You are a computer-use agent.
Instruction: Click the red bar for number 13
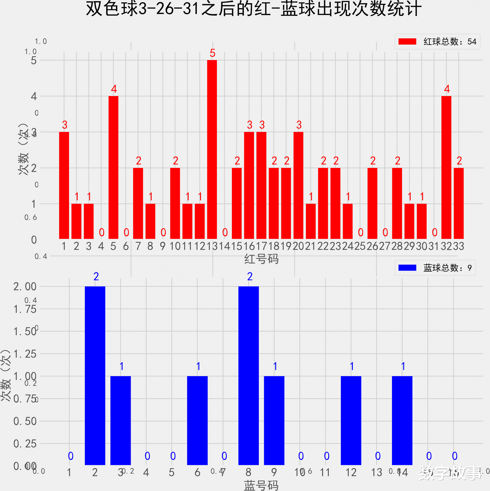(x=212, y=149)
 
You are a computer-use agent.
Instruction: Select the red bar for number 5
(x=114, y=167)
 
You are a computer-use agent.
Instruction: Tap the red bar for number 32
(x=446, y=167)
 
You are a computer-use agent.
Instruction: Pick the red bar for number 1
(x=64, y=185)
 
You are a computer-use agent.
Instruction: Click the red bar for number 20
(x=298, y=185)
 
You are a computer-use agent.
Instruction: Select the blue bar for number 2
(x=95, y=375)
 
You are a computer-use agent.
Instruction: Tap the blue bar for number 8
(x=249, y=375)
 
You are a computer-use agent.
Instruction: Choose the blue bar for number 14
(x=402, y=420)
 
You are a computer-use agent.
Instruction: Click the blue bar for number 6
(x=197, y=420)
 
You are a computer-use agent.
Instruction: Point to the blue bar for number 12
(x=351, y=420)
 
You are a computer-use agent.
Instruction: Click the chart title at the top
(x=253, y=9)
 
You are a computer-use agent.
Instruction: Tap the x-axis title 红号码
(x=261, y=259)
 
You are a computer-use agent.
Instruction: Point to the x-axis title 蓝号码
(x=261, y=485)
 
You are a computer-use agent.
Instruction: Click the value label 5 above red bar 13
(x=212, y=53)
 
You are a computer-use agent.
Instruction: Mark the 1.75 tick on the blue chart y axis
(x=25, y=309)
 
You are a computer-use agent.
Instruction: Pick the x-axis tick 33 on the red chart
(x=459, y=246)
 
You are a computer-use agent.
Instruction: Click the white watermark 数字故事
(x=450, y=473)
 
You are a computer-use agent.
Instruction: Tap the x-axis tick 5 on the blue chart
(x=172, y=473)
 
